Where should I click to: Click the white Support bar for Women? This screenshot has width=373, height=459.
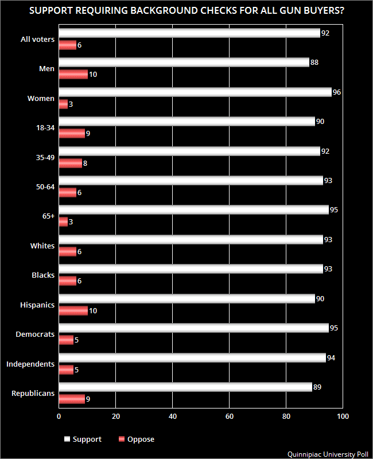[x=195, y=92]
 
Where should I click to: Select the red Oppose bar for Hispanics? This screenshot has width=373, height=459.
[x=73, y=310]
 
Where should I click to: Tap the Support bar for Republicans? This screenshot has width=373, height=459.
[x=185, y=387]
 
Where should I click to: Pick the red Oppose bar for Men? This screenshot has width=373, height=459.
[x=73, y=74]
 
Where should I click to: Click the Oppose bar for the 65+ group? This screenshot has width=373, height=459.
[x=63, y=221]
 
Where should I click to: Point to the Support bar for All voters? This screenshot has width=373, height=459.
[x=189, y=33]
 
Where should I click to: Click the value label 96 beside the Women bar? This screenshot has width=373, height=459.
[x=337, y=92]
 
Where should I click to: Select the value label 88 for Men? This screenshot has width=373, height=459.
[x=314, y=63]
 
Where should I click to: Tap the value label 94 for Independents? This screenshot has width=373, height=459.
[x=331, y=357]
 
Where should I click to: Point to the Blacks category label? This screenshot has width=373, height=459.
[x=43, y=275]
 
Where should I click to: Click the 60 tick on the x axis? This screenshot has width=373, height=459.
[x=229, y=416]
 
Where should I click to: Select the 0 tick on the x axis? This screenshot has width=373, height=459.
[x=59, y=416]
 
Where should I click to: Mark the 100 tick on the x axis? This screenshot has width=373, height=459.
[x=342, y=416]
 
